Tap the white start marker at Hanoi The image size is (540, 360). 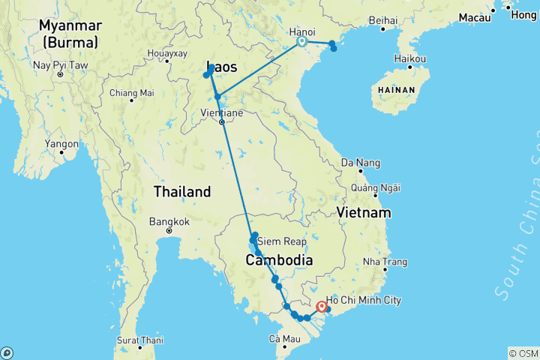click(x=301, y=42)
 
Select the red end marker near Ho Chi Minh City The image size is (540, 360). click(x=322, y=306)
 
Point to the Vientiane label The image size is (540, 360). click(x=222, y=112)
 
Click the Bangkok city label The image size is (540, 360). click(x=169, y=221)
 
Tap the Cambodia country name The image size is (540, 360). click(x=278, y=260)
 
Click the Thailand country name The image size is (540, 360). click(x=181, y=192)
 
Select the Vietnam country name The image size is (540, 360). click(x=364, y=213)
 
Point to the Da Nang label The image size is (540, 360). click(x=361, y=163)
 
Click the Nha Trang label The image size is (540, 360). click(x=384, y=262)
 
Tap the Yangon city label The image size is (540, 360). click(x=61, y=143)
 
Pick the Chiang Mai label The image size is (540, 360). click(x=131, y=93)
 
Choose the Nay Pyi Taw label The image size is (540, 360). click(x=61, y=65)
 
